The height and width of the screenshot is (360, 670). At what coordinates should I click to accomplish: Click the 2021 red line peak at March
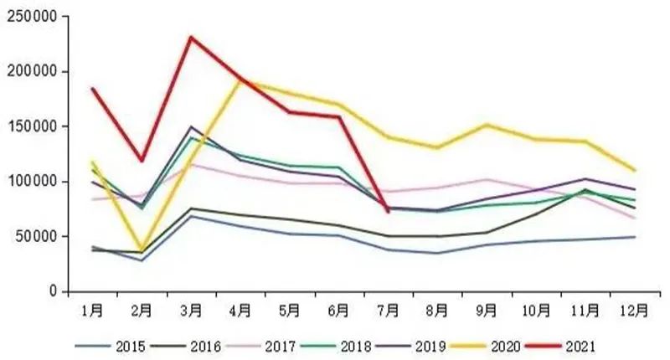191,37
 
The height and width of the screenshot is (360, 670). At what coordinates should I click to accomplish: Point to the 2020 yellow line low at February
142,249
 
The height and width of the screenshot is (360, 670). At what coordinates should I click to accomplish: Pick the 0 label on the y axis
52,291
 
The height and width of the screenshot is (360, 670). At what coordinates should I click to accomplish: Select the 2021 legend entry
580,344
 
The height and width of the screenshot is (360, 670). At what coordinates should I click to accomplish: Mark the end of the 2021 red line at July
388,212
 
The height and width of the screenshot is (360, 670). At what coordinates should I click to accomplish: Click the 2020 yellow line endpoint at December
635,170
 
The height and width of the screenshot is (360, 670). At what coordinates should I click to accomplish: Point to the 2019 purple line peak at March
191,127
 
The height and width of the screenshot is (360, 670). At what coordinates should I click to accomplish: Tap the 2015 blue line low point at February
142,260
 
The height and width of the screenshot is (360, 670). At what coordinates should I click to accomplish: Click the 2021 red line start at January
92,89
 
